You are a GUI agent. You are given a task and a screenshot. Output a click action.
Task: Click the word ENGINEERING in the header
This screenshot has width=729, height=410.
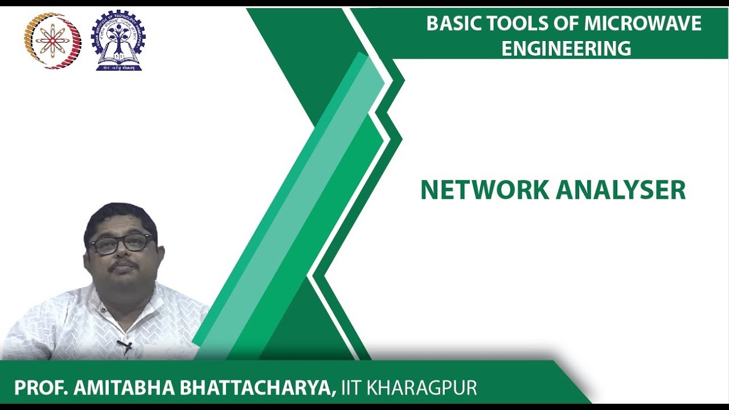(x=566, y=48)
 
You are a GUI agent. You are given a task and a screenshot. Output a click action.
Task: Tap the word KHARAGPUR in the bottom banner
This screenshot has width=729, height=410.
(x=422, y=388)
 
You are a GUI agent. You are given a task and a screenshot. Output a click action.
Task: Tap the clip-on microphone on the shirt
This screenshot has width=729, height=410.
(x=125, y=345)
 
